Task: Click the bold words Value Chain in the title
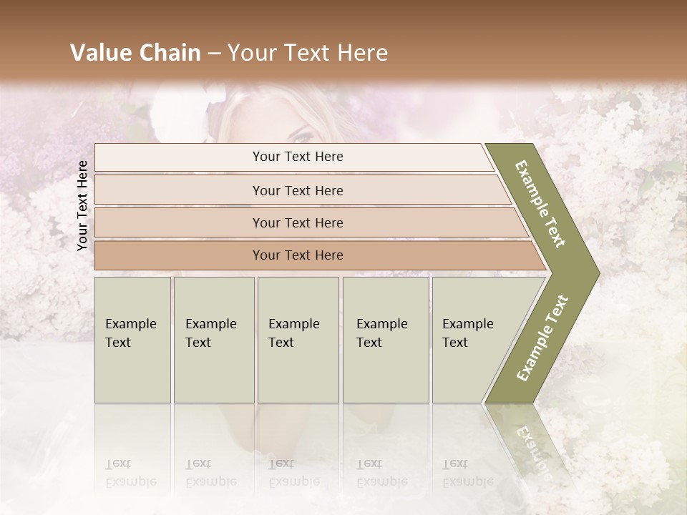click(135, 53)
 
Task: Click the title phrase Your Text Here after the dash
click(308, 53)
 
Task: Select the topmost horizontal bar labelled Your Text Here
click(298, 157)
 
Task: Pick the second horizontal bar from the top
click(298, 190)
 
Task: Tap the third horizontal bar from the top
click(298, 222)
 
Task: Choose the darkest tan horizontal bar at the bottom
click(298, 255)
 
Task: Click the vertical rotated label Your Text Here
click(82, 205)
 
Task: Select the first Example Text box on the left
click(132, 339)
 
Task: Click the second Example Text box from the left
click(213, 339)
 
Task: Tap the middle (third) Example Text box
click(297, 339)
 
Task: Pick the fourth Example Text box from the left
click(385, 339)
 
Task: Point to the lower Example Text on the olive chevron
click(542, 338)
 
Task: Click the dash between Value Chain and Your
click(214, 54)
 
